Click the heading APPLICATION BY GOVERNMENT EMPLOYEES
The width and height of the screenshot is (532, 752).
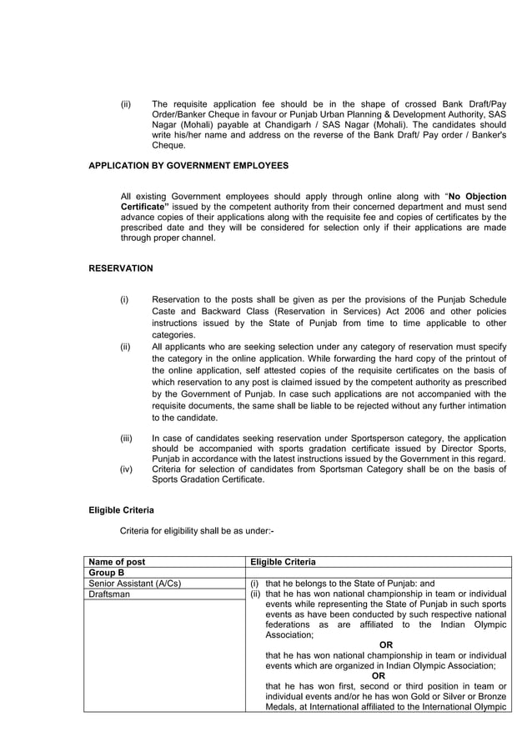pyautogui.click(x=188, y=166)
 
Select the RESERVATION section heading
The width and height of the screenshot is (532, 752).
pyautogui.click(x=121, y=268)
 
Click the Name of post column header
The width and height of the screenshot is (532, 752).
pyautogui.click(x=117, y=562)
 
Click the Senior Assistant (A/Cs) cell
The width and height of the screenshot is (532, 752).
pyautogui.click(x=134, y=584)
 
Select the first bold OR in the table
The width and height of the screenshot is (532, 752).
pyautogui.click(x=385, y=644)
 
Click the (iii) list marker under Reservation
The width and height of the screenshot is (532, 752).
pyautogui.click(x=127, y=438)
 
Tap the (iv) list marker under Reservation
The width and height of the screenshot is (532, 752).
pyautogui.click(x=127, y=469)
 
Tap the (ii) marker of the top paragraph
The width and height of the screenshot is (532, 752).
pyautogui.click(x=126, y=103)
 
